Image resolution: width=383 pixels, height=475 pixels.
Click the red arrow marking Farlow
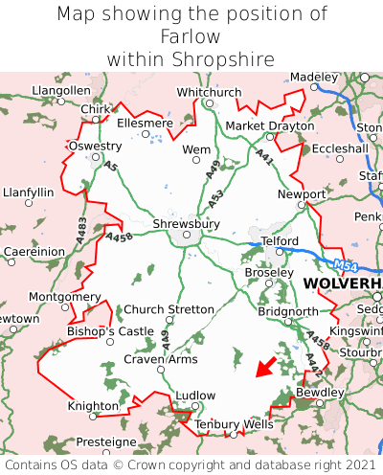[x=265, y=367]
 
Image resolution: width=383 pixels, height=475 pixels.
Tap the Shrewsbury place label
[x=186, y=224]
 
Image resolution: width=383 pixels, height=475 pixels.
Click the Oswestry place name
[x=95, y=147]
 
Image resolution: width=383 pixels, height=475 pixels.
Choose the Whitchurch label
[x=210, y=92]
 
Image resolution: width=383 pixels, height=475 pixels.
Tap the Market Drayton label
[x=269, y=126]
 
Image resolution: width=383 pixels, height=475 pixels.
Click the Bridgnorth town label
[x=288, y=311]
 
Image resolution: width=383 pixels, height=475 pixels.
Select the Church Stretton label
[x=170, y=309]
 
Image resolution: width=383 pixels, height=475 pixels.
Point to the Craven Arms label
[x=161, y=359]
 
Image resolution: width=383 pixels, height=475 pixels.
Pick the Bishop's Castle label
[x=110, y=331]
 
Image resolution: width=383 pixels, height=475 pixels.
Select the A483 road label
[x=81, y=229]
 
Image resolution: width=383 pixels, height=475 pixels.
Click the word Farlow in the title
[x=191, y=36]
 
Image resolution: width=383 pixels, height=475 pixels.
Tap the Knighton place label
[x=93, y=406]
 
